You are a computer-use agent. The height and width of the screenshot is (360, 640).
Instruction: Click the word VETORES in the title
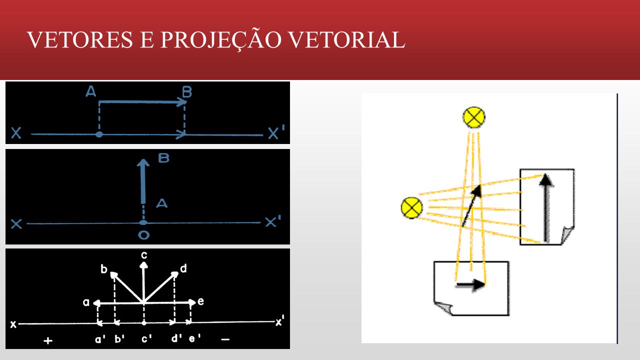tap(80, 39)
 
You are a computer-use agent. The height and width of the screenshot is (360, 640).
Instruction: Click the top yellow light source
tap(473, 117)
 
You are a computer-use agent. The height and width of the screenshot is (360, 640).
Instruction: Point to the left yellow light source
tap(411, 207)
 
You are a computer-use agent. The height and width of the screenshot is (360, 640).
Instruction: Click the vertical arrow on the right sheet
tap(546, 207)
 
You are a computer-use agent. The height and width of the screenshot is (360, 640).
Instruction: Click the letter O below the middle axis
tap(143, 235)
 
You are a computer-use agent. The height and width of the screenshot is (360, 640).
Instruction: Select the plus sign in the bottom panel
tap(48, 340)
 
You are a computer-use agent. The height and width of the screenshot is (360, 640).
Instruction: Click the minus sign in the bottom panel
tap(225, 339)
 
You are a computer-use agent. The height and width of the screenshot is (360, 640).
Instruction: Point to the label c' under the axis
tap(146, 339)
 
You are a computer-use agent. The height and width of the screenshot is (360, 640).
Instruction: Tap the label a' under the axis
tap(100, 339)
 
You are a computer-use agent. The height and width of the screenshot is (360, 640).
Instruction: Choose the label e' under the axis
tap(194, 338)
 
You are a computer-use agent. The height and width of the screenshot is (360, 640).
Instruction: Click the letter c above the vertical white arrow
tap(144, 255)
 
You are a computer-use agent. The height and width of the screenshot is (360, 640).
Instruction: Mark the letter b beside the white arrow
tap(104, 269)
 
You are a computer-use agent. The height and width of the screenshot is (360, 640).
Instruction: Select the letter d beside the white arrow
tap(183, 268)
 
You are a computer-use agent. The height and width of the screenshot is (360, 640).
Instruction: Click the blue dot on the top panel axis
tap(99, 134)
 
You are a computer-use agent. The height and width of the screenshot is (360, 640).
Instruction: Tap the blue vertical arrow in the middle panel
tap(143, 181)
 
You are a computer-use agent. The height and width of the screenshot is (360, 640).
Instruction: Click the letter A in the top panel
tap(91, 91)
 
